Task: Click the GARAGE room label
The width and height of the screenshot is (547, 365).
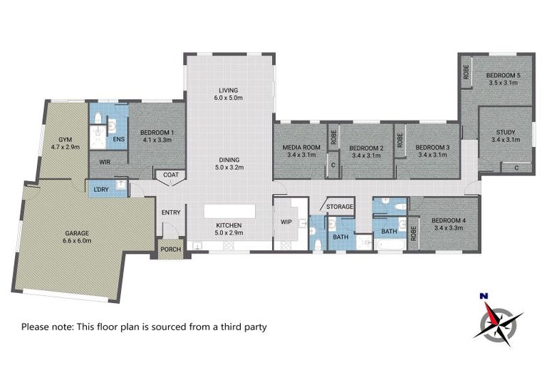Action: coord(77,233)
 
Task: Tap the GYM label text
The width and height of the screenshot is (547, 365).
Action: coord(66,140)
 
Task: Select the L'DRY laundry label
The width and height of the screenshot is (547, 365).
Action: coord(102,190)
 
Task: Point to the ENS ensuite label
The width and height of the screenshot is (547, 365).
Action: coord(119,139)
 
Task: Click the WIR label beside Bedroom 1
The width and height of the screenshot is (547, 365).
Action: coord(105,162)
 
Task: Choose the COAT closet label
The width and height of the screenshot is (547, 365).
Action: coord(171,175)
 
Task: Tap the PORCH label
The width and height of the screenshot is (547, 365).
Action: coord(171,249)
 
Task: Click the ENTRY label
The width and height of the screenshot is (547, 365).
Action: coord(171,212)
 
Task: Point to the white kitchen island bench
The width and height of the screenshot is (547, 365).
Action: coord(229,211)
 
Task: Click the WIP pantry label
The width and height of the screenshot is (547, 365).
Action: coord(286,222)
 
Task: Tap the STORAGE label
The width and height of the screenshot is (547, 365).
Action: coord(340,207)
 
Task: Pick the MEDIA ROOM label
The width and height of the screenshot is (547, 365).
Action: coord(301,148)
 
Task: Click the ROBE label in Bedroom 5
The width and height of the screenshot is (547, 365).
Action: coord(466,72)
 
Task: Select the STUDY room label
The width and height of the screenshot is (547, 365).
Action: coord(506,133)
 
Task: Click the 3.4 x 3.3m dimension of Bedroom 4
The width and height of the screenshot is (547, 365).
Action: coord(449,228)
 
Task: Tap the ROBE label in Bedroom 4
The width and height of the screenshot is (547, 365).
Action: coord(413,233)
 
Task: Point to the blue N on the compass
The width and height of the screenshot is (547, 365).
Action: coord(484,296)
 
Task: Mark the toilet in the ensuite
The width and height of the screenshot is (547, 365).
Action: coord(98,118)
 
